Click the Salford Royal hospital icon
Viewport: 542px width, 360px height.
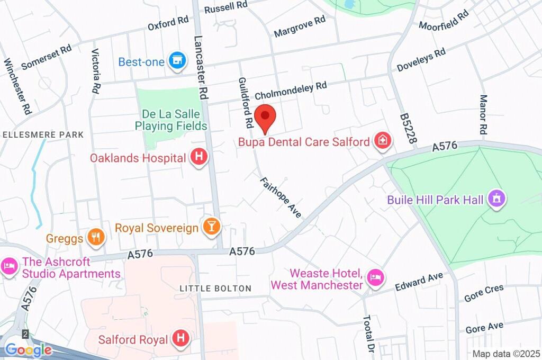pyautogui.click(x=181, y=339)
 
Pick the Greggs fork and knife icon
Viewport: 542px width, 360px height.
pyautogui.click(x=95, y=238)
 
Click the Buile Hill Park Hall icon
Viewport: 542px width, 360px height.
pyautogui.click(x=497, y=200)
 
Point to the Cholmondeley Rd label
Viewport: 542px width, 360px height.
pyautogui.click(x=291, y=91)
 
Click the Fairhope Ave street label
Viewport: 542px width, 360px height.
pyautogui.click(x=280, y=197)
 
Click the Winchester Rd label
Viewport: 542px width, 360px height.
pyautogui.click(x=17, y=86)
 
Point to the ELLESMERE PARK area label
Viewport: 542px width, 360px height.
pyautogui.click(x=43, y=134)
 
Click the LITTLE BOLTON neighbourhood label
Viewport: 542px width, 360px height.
pyautogui.click(x=215, y=288)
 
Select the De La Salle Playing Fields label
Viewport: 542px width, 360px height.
pyautogui.click(x=170, y=120)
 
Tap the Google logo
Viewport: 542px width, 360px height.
pyautogui.click(x=29, y=349)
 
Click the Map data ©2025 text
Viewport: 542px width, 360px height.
pyautogui.click(x=505, y=353)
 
